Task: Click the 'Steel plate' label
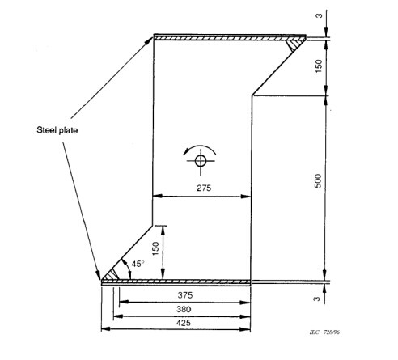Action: [57, 130]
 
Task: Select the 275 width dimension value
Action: [204, 188]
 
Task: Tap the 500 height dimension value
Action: [319, 181]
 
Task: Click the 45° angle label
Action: [138, 264]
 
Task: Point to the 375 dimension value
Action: [185, 295]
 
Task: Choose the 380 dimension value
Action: [184, 309]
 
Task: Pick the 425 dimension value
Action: [184, 323]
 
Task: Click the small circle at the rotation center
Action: [201, 161]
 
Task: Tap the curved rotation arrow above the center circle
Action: [200, 146]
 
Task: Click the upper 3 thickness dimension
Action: [319, 15]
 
